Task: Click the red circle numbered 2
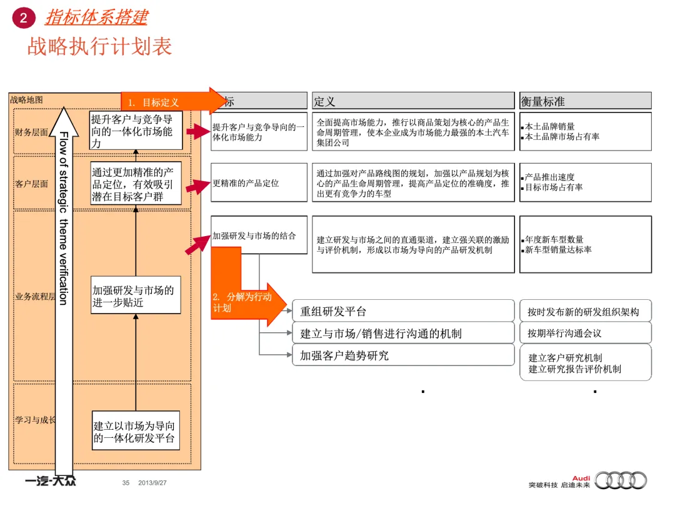[x=24, y=18]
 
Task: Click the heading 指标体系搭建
[x=96, y=17]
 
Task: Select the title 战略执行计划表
[x=99, y=46]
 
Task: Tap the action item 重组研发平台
[x=333, y=312]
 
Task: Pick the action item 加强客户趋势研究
[x=344, y=355]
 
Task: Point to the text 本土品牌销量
[x=549, y=126]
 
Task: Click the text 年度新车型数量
[x=554, y=239]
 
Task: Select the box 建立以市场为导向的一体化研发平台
[x=135, y=432]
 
